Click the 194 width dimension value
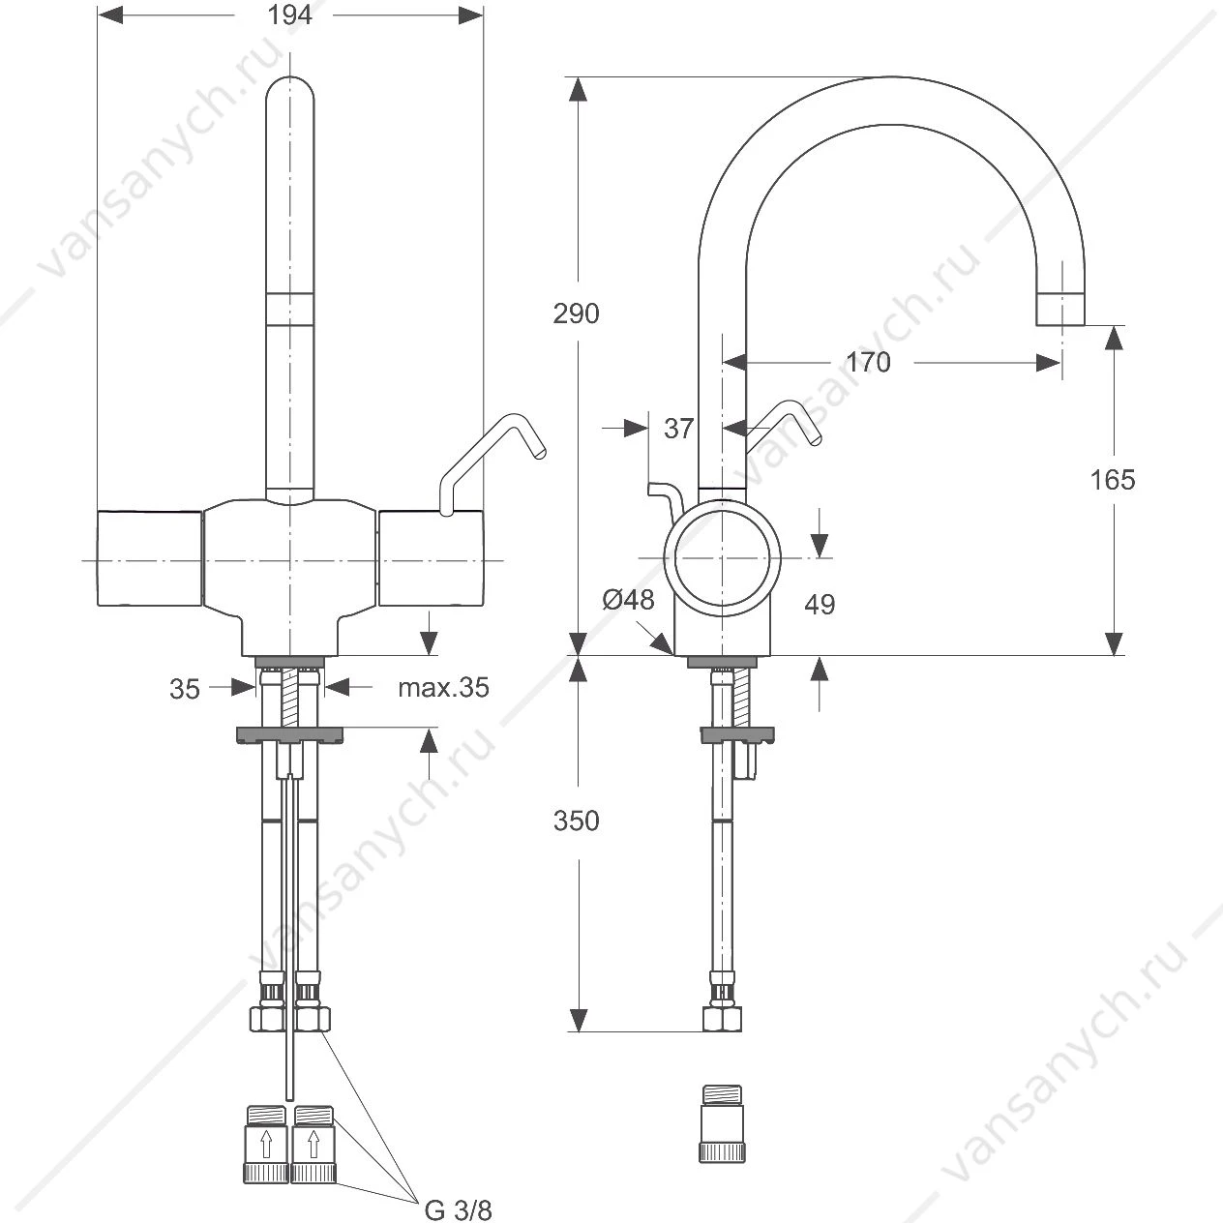[289, 15]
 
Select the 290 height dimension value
[576, 313]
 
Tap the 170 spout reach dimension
[868, 363]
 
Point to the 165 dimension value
[1112, 480]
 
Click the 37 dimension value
[678, 429]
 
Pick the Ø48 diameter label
[628, 599]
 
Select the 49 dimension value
[820, 604]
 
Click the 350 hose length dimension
[576, 820]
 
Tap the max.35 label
[444, 687]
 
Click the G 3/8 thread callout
[458, 1210]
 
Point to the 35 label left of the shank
[185, 689]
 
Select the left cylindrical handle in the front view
[150, 558]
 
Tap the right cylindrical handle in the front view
[431, 558]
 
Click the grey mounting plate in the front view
[289, 734]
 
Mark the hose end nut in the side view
[722, 1019]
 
